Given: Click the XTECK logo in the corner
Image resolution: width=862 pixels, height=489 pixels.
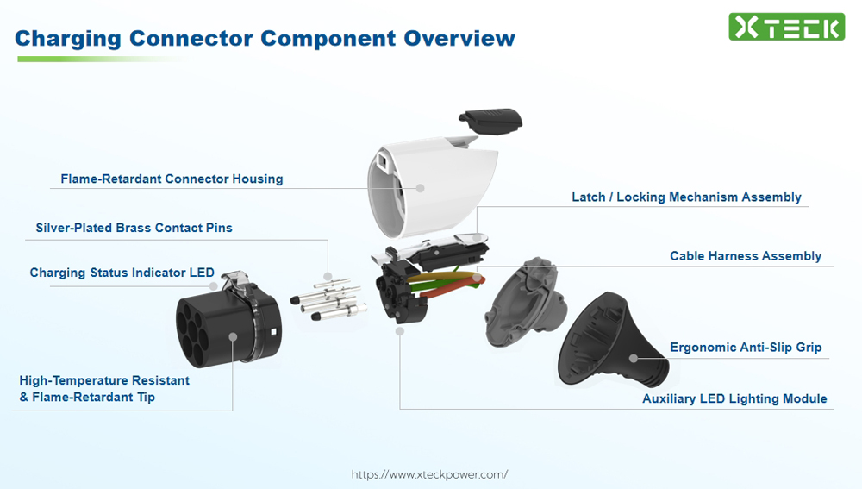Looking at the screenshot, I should pyautogui.click(x=785, y=27).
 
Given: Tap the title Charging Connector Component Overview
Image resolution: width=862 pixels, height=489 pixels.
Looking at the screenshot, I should pyautogui.click(x=265, y=39).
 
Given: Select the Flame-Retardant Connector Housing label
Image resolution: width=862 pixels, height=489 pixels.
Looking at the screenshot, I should pyautogui.click(x=172, y=179).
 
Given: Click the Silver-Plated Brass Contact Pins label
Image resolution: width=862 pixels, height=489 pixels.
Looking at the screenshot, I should pyautogui.click(x=134, y=229).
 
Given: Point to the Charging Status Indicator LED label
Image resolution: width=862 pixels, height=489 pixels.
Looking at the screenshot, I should pyautogui.click(x=122, y=273).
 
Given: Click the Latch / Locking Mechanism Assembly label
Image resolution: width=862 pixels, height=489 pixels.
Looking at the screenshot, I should pyautogui.click(x=686, y=197).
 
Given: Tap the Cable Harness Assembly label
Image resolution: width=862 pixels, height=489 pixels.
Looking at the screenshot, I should pyautogui.click(x=746, y=256).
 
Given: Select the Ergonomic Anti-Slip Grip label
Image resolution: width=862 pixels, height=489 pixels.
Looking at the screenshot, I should pyautogui.click(x=746, y=348).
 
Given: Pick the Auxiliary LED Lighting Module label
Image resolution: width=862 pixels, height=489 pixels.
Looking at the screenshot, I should pyautogui.click(x=734, y=399).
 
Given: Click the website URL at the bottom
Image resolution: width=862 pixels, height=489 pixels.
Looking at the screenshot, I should pyautogui.click(x=429, y=474).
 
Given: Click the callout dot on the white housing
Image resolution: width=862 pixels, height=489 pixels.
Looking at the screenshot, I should pyautogui.click(x=421, y=187).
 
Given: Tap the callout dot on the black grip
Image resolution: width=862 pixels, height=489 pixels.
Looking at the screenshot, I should pyautogui.click(x=634, y=357).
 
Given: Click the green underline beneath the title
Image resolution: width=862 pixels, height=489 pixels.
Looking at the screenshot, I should pyautogui.click(x=95, y=59).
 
